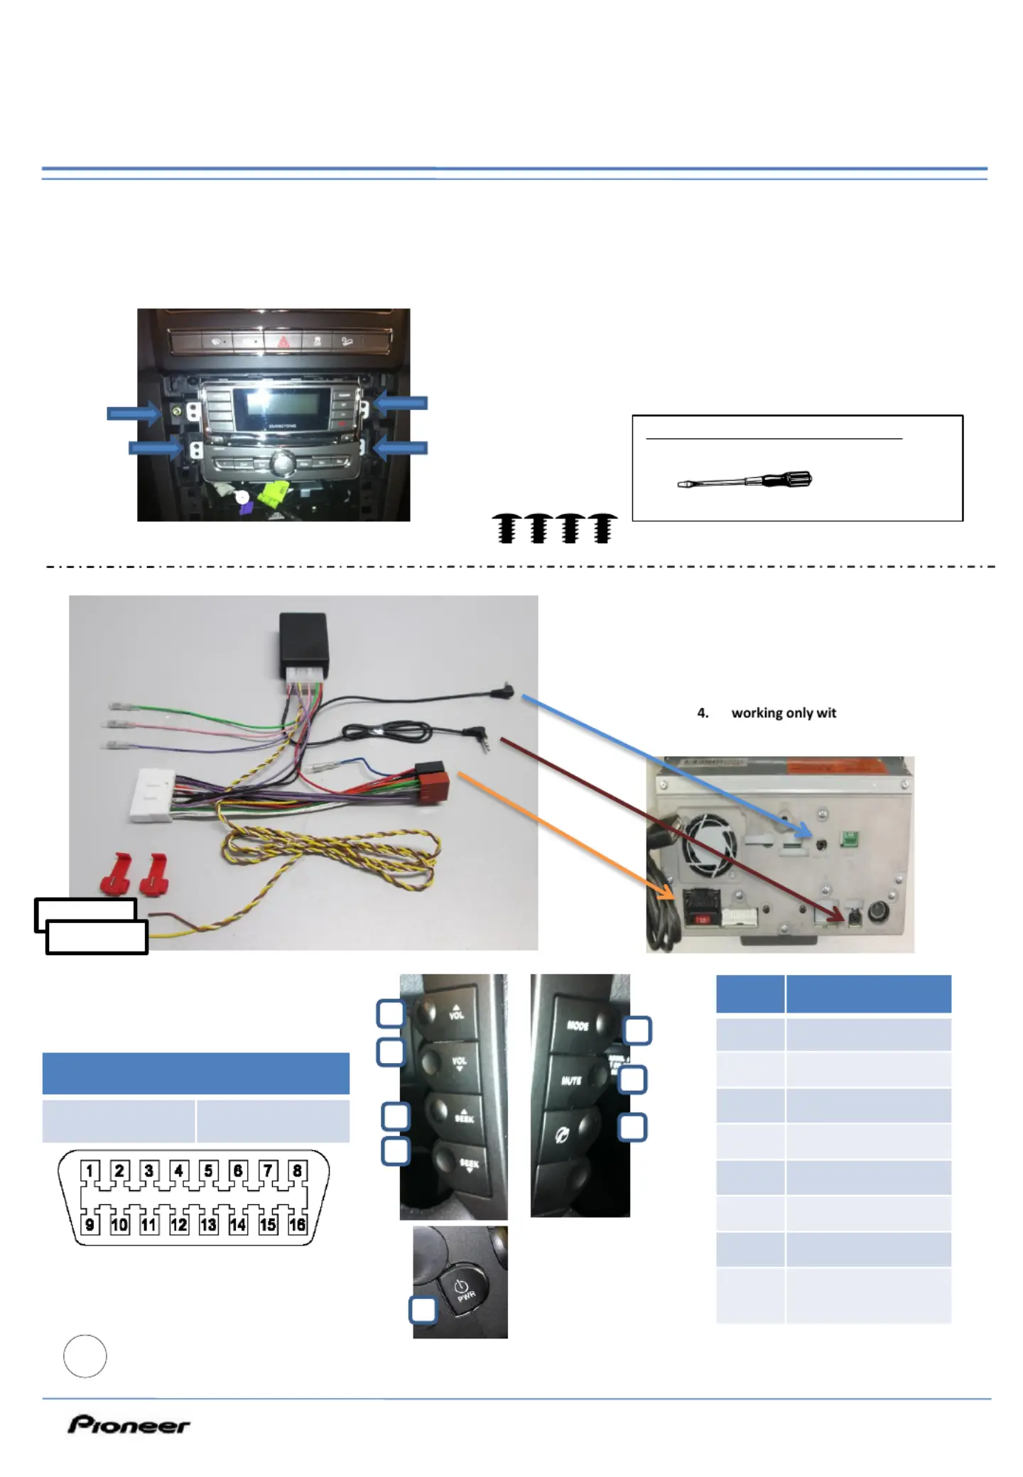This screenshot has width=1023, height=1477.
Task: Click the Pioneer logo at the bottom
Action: pos(129,1424)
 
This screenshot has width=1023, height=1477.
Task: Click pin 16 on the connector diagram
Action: pos(297,1224)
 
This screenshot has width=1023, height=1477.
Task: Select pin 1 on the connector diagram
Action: pos(90,1170)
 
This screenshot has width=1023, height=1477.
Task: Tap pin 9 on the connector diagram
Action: pos(90,1224)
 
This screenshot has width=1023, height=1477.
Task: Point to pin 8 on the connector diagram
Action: pos(297,1170)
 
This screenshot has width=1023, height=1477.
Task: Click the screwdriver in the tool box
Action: pos(745,481)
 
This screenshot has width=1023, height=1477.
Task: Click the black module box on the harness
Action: pos(303,639)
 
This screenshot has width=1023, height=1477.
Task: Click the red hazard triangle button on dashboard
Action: pos(283,342)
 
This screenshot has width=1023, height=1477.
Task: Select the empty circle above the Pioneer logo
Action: pos(85,1356)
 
